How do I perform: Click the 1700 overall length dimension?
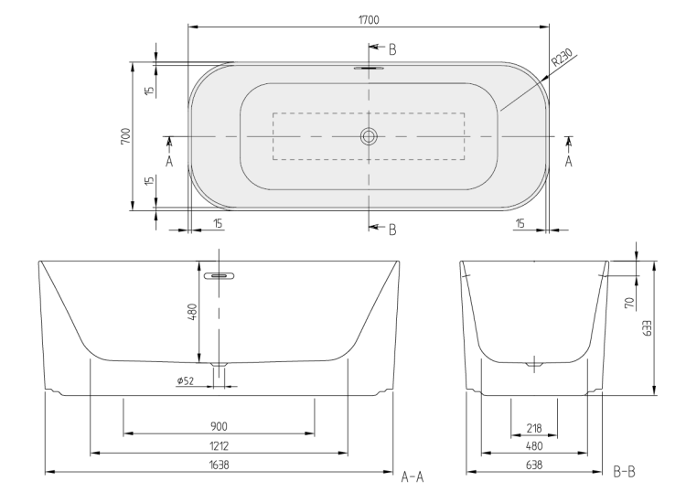(369, 20)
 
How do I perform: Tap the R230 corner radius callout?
(562, 58)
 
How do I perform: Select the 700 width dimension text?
(125, 136)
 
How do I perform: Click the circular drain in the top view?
(369, 136)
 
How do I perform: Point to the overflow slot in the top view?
(369, 69)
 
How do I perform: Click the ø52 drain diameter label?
(186, 381)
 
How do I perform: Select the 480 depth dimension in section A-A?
(192, 312)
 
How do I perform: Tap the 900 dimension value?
(219, 426)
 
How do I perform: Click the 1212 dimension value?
(219, 446)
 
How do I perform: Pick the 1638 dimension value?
(219, 465)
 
